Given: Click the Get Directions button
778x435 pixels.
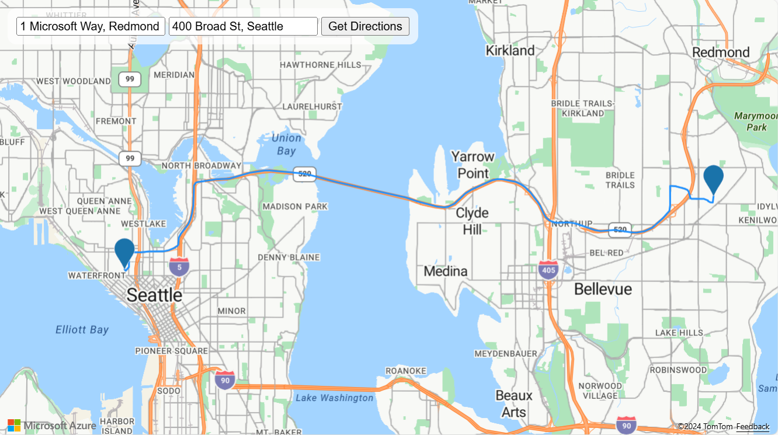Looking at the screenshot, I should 365,26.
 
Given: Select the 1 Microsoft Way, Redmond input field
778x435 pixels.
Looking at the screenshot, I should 91,26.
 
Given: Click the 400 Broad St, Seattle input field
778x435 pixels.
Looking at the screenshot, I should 243,26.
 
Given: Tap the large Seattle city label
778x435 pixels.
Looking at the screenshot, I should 154,295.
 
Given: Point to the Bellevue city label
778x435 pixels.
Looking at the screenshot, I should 603,289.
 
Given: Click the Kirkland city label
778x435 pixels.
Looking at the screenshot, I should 510,51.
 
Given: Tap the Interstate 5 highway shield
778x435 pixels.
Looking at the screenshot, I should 179,266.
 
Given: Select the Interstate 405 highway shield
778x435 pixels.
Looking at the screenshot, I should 548,270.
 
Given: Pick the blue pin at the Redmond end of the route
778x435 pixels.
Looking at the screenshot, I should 714,178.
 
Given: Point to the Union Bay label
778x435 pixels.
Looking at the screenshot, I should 286,144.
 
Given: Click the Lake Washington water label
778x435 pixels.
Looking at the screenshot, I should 334,398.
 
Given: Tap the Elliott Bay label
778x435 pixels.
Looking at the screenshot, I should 82,330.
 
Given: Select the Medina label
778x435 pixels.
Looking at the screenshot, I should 446,271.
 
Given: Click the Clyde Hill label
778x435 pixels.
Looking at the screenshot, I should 472,221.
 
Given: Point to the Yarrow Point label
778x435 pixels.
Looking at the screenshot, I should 473,165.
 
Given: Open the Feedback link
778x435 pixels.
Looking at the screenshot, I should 752,427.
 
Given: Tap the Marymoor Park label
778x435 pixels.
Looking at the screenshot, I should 756,121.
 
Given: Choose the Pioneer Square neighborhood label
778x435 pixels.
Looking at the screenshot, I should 171,351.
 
